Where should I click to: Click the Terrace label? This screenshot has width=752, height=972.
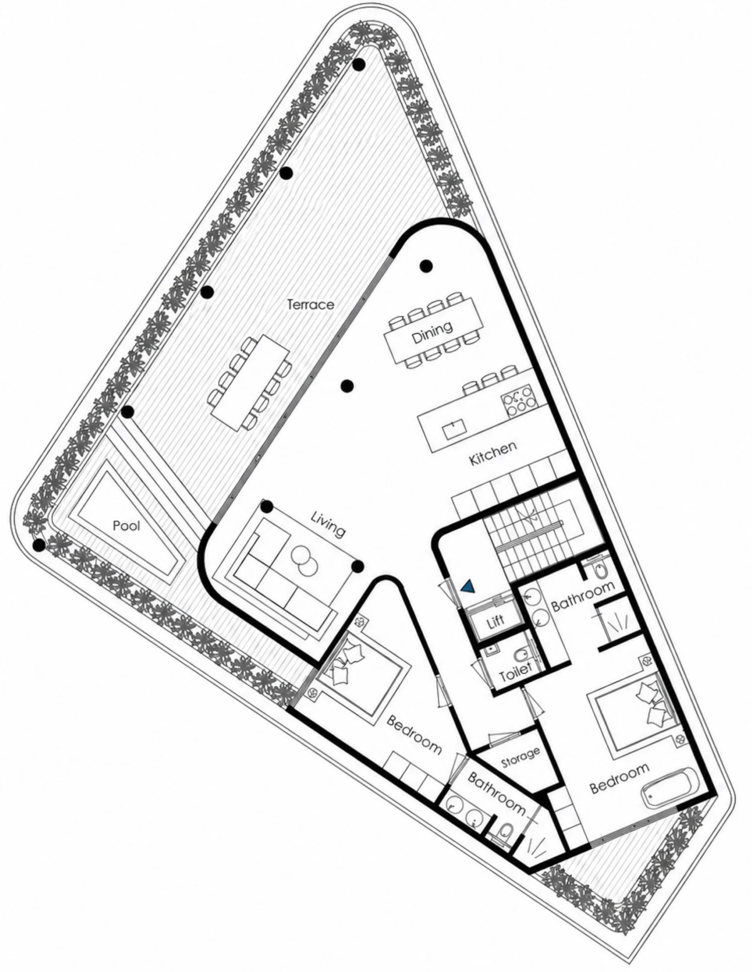point(310,305)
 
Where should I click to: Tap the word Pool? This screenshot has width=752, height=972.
point(126,525)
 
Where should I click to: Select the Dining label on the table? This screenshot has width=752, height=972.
point(432,332)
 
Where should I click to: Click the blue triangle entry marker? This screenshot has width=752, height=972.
point(468,587)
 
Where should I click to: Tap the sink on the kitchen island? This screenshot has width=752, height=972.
point(455,429)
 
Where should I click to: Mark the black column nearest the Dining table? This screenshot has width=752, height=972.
point(426,265)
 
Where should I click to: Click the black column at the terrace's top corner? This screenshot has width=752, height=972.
point(359,65)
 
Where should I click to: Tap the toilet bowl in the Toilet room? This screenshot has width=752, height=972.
point(521,656)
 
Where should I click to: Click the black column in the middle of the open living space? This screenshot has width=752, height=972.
point(346,386)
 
